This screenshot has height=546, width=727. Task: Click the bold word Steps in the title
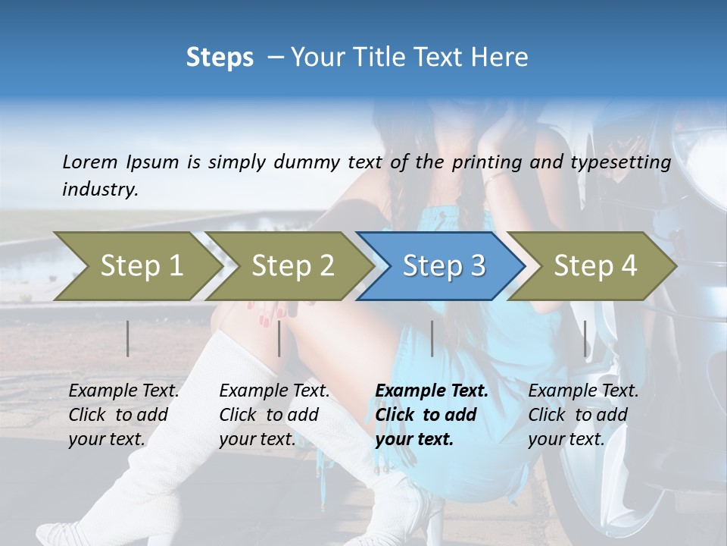tap(220, 58)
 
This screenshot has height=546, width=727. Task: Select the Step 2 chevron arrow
tap(292, 266)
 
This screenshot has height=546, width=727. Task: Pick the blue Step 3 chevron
tap(443, 266)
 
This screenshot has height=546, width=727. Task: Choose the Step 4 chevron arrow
tap(594, 266)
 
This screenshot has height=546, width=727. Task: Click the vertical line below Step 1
tap(128, 338)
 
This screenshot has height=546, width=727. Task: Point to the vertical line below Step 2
tap(279, 338)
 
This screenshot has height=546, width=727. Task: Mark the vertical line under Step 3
tap(432, 338)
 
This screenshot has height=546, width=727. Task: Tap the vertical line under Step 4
tap(585, 338)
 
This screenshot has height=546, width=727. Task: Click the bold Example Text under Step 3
tap(432, 391)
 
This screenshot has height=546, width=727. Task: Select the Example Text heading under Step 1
tap(123, 391)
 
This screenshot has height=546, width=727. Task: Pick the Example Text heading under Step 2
tap(274, 391)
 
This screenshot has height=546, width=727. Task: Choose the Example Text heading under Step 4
tap(583, 391)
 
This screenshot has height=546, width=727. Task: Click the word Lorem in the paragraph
tap(90, 162)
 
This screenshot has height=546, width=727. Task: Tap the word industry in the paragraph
tap(99, 190)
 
